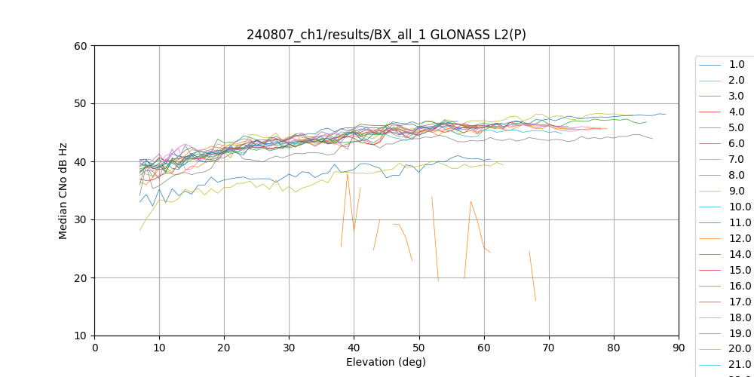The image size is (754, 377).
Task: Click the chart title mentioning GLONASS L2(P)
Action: (x=386, y=35)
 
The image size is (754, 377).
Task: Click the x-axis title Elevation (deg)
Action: (x=386, y=362)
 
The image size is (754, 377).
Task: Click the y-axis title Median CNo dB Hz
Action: (x=63, y=191)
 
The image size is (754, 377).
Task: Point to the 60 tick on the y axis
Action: (x=80, y=46)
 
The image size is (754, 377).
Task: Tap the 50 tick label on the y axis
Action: (x=80, y=104)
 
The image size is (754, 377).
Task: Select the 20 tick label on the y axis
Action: (x=80, y=278)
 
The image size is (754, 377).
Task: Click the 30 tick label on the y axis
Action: (x=80, y=220)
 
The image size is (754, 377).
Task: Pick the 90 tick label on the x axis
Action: (x=679, y=347)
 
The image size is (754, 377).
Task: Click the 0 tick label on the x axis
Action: (x=95, y=347)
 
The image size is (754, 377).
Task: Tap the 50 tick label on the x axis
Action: (x=419, y=347)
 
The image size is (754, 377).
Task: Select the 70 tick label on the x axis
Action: (x=549, y=347)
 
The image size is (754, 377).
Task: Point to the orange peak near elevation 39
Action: (x=348, y=174)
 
